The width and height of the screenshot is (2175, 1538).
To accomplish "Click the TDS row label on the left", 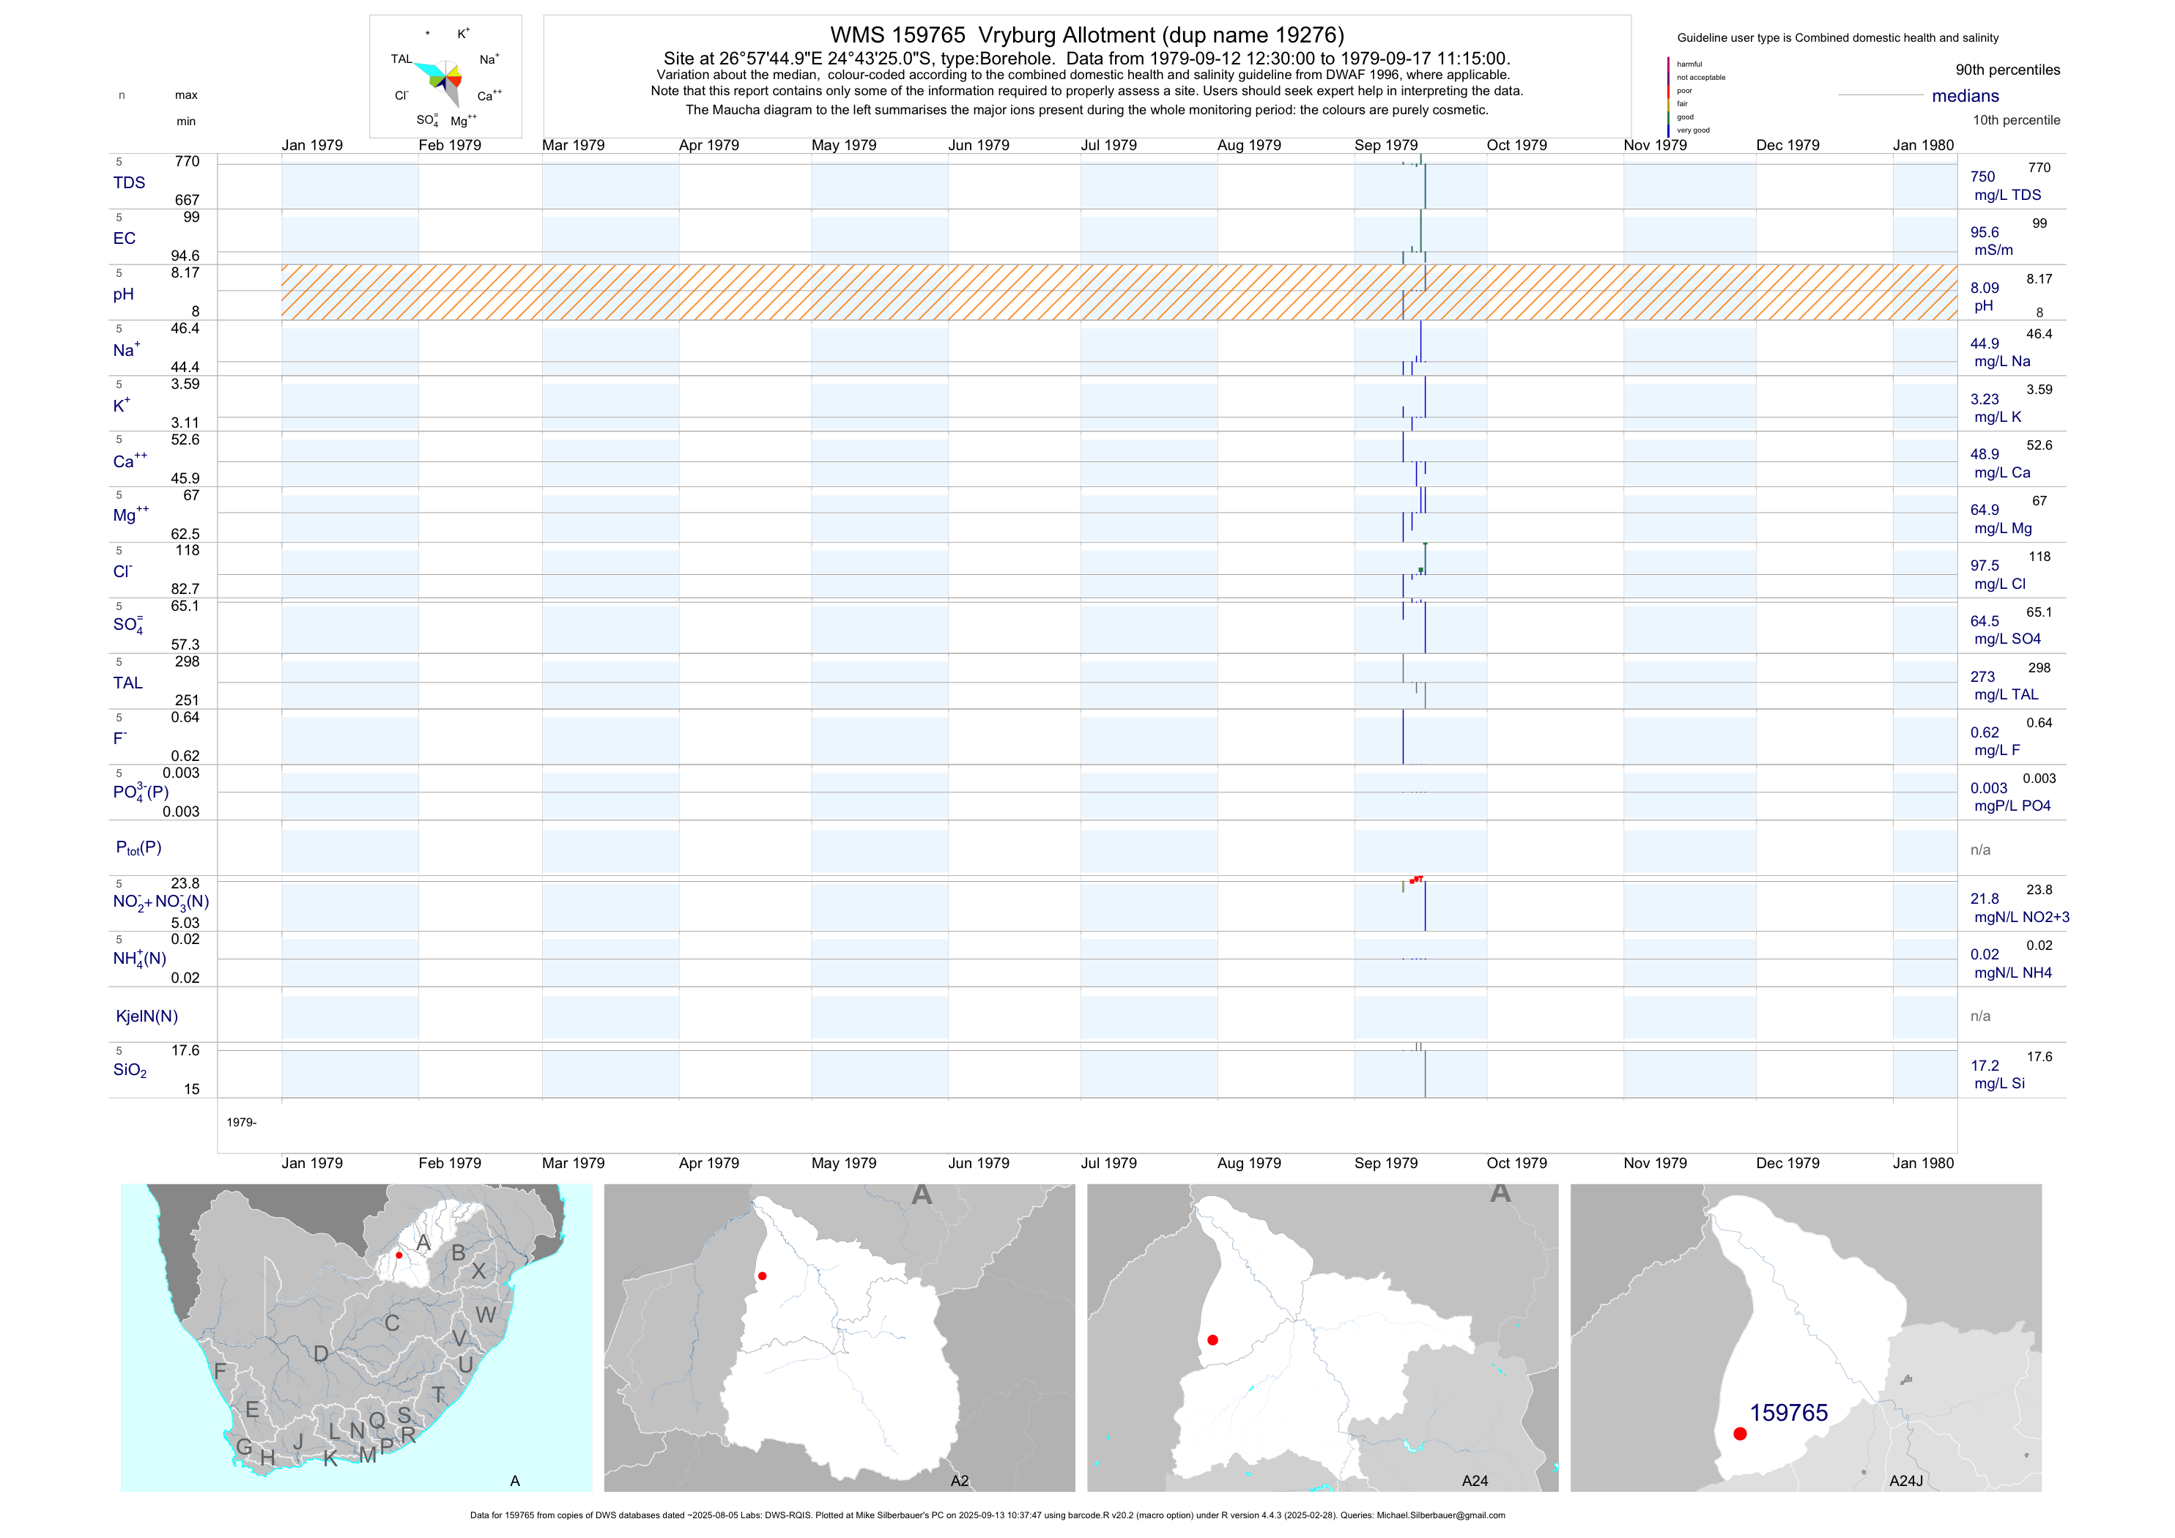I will pos(129,183).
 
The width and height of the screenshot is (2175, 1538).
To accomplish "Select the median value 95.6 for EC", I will pos(1985,232).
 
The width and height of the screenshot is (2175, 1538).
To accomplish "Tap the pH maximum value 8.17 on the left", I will pos(185,272).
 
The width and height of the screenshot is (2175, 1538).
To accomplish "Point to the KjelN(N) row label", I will pos(147,1017).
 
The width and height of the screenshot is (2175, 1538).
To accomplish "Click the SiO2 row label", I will pos(130,1070).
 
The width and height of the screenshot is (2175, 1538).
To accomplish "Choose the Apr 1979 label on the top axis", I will pos(708,145).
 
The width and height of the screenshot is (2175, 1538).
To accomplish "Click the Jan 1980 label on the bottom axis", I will pos(1923,1163).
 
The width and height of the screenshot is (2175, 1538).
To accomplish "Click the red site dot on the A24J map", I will pos(1740,1434).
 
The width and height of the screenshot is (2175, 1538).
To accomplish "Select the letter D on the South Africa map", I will pos(321,1353).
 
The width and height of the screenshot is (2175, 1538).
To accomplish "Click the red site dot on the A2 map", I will pos(763,1276).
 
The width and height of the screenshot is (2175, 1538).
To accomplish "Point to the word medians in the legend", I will pos(1965,96).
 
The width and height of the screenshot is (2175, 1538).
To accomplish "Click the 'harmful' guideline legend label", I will pos(1689,64).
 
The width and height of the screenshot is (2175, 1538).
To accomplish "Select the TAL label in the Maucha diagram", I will pos(401,59).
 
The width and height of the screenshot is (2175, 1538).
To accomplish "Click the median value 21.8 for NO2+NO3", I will pos(1985,899).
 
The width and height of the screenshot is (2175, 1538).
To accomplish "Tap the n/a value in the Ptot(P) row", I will pos(1980,850).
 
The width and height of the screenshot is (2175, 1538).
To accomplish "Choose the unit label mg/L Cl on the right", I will pos(2000,584).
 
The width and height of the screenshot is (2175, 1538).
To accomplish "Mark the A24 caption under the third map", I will pos(1475,1481).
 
